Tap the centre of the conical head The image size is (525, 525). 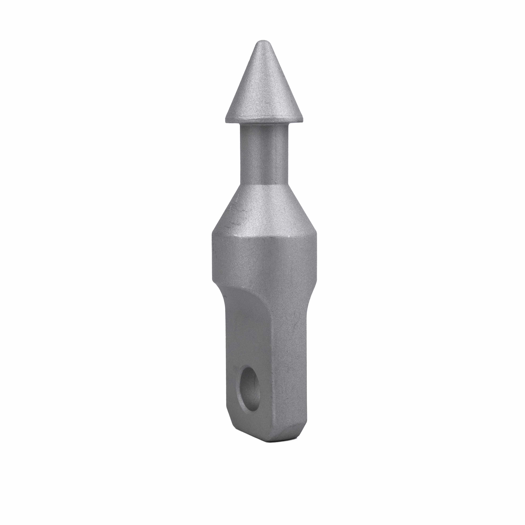pos(264,90)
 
